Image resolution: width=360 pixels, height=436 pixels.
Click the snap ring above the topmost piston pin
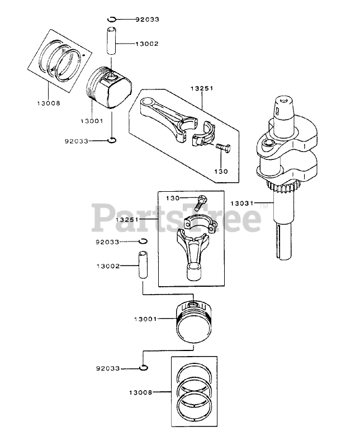[x=113, y=20]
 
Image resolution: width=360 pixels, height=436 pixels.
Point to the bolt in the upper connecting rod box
[x=222, y=148]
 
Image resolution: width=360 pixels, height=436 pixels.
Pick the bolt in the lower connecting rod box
[x=201, y=200]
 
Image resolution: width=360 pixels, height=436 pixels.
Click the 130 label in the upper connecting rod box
[x=222, y=171]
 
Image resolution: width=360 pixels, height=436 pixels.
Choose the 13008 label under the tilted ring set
[x=49, y=103]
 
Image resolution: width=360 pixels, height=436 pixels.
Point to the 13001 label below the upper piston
[x=92, y=121]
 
